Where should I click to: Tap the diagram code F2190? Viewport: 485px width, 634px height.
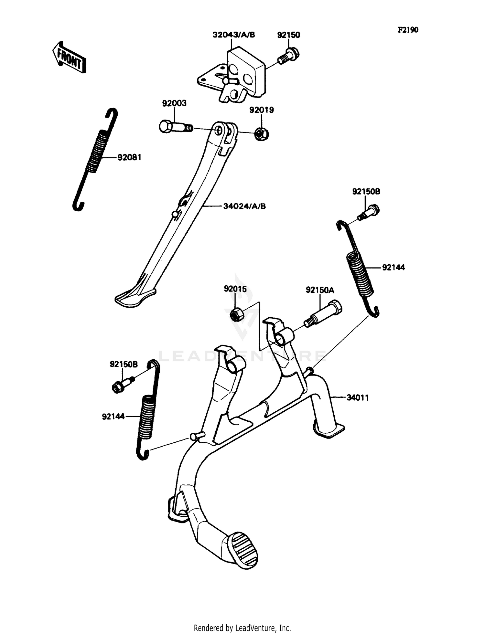pos(408,30)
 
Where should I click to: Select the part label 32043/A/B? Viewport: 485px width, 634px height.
pos(233,35)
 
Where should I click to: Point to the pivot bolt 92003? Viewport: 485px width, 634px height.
pos(175,126)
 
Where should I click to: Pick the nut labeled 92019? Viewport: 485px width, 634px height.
pos(260,134)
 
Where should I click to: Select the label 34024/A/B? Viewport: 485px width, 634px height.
pos(244,206)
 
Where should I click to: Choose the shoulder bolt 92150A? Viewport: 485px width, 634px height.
pos(323,313)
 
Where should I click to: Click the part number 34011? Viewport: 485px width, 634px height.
pos(357,398)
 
